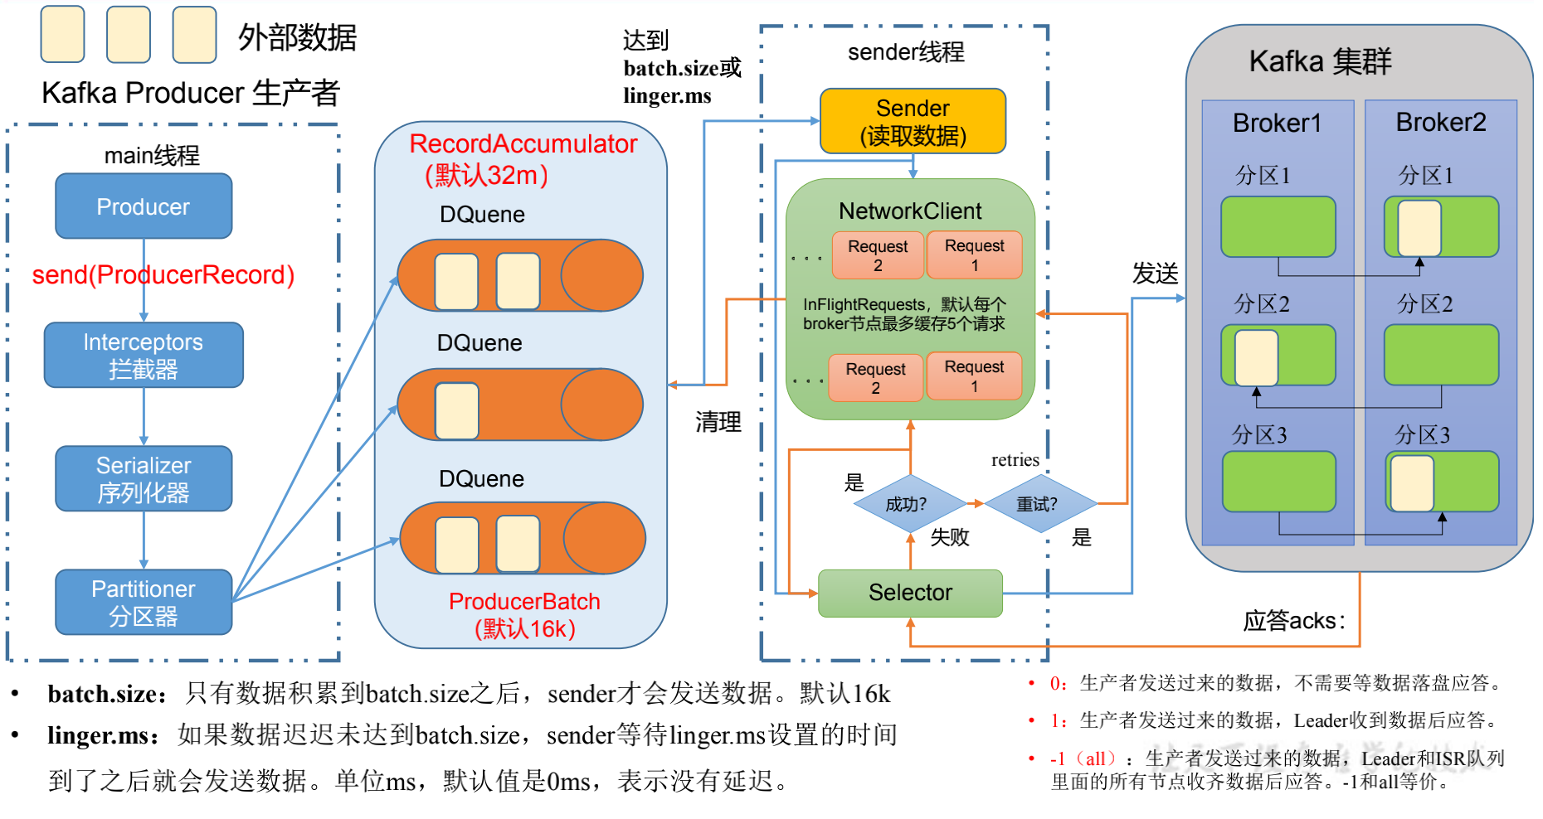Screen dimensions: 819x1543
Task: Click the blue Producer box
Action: pyautogui.click(x=144, y=206)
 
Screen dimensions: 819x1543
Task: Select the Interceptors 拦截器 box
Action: pyautogui.click(x=144, y=355)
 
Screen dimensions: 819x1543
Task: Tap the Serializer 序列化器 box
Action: pyautogui.click(x=144, y=478)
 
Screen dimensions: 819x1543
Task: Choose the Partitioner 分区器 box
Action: pyautogui.click(x=144, y=602)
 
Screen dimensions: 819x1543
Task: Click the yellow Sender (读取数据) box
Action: pyautogui.click(x=913, y=121)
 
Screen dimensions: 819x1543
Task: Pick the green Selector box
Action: pyautogui.click(x=910, y=593)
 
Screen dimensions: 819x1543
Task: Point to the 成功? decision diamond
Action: pyautogui.click(x=907, y=504)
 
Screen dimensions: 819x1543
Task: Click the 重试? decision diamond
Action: pyautogui.click(x=1037, y=504)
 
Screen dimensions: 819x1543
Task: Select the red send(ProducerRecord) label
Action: pyautogui.click(x=163, y=275)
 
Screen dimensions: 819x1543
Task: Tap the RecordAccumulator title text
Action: pyautogui.click(x=523, y=144)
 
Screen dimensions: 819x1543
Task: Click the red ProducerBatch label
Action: pyautogui.click(x=524, y=602)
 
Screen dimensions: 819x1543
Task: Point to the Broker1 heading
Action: pyautogui.click(x=1277, y=124)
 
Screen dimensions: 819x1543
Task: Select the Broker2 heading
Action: pyautogui.click(x=1441, y=123)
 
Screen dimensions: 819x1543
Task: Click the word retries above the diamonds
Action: pyautogui.click(x=1015, y=460)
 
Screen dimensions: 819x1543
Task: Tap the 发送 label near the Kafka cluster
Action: pyautogui.click(x=1155, y=274)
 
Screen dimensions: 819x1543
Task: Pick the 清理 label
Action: pyautogui.click(x=718, y=423)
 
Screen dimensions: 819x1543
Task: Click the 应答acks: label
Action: pyautogui.click(x=1293, y=621)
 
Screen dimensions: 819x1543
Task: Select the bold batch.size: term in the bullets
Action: pyautogui.click(x=107, y=694)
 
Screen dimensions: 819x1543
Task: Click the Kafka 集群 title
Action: pyautogui.click(x=1320, y=62)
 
